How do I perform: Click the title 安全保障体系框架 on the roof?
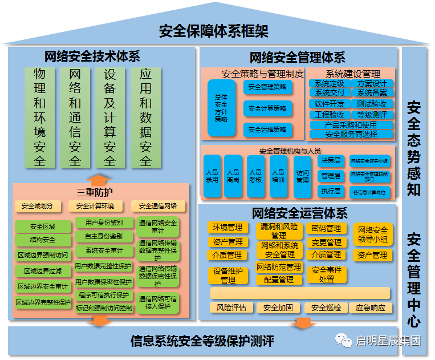(213, 30)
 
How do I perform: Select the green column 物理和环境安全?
(39, 117)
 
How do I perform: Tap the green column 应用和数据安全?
(145, 117)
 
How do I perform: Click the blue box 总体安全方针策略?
(221, 108)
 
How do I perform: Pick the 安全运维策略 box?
(267, 130)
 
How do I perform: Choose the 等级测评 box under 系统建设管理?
(372, 114)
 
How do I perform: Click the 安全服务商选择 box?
(351, 134)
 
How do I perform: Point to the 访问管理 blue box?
(302, 176)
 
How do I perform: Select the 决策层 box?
(330, 161)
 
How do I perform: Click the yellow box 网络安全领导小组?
(372, 234)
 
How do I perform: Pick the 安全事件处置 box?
(327, 274)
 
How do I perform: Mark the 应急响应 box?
(370, 308)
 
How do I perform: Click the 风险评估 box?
(231, 308)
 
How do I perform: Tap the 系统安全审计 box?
(104, 250)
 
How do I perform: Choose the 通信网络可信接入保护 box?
(158, 302)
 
